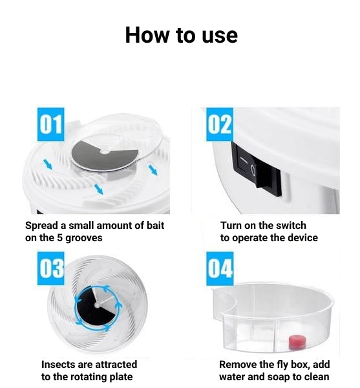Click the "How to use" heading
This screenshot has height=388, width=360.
tap(181, 35)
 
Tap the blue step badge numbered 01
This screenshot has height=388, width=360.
tap(50, 124)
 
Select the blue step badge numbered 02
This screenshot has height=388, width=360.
tap(220, 124)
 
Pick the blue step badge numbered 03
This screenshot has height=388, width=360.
tap(50, 268)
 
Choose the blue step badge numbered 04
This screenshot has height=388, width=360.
tap(220, 268)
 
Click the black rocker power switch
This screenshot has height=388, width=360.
tap(256, 169)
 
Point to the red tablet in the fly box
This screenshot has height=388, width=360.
tap(297, 343)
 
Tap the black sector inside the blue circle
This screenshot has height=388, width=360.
tap(91, 307)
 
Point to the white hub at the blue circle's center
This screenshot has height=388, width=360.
tap(98, 305)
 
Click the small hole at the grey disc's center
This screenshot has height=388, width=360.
tap(105, 152)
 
